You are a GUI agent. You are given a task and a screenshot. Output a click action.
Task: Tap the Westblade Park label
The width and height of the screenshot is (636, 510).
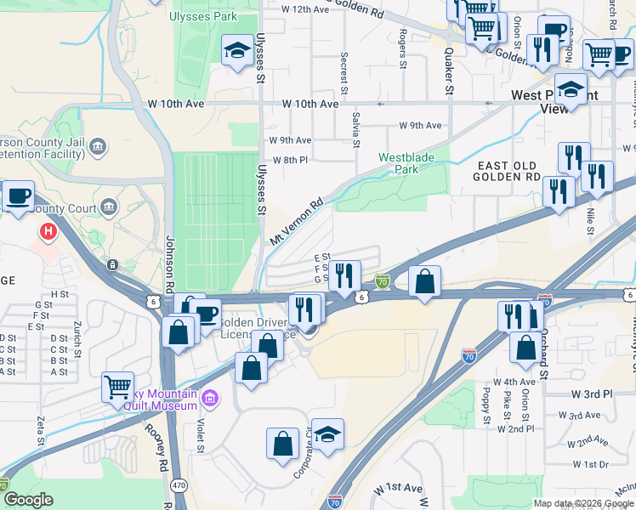(x=406, y=162)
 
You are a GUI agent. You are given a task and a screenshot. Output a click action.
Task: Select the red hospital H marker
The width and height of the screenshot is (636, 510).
(x=48, y=230)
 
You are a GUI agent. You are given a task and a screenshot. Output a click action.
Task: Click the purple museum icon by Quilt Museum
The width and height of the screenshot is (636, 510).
(x=211, y=397)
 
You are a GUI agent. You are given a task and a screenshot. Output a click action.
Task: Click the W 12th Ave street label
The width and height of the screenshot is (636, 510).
(x=304, y=9)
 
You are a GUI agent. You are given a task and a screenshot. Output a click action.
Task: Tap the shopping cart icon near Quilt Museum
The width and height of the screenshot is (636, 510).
(x=117, y=387)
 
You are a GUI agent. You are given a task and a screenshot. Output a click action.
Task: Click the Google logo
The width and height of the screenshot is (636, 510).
(x=27, y=500)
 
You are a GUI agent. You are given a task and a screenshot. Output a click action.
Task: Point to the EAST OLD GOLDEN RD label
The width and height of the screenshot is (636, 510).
(x=508, y=172)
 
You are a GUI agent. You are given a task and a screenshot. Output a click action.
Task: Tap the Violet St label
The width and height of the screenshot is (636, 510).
(x=202, y=439)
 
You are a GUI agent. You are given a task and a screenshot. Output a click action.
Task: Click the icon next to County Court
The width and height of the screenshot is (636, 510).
(x=109, y=206)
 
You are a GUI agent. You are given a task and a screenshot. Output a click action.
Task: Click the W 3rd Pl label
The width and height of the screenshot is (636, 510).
(x=592, y=394)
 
